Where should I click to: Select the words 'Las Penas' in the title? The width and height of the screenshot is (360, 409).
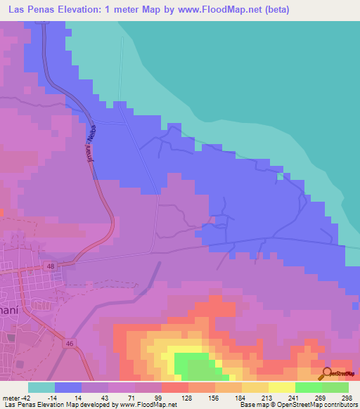click(x=30, y=11)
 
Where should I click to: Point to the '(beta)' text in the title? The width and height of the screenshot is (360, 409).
click(x=274, y=11)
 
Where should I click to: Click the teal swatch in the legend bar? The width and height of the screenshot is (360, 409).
click(x=41, y=387)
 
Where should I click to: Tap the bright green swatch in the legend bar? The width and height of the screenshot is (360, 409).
click(x=308, y=387)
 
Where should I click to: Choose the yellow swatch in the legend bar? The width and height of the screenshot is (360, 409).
click(x=281, y=387)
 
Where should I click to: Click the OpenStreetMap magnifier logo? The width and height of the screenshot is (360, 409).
click(x=326, y=374)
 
